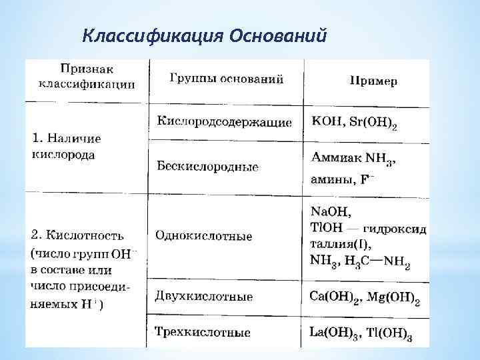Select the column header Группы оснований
tap(226, 79)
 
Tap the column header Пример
tap(373, 81)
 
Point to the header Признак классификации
tap(86, 76)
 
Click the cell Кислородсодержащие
tap(224, 123)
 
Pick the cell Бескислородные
tap(207, 166)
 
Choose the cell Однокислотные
tap(203, 235)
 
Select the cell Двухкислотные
tap(203, 295)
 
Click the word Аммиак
tap(335, 159)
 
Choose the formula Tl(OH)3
tap(390, 332)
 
